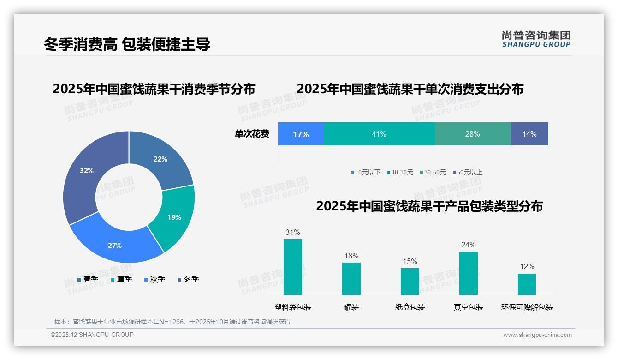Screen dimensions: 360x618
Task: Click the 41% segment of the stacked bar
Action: (379, 134)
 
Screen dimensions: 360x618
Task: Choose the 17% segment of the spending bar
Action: (301, 134)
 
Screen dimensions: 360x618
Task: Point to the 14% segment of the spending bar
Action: (529, 134)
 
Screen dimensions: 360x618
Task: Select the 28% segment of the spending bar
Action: (472, 134)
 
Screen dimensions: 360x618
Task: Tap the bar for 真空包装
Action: (468, 273)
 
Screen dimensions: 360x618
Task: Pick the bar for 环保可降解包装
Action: (527, 284)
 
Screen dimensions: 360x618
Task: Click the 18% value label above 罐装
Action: (351, 256)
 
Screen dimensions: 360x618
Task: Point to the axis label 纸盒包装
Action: (410, 307)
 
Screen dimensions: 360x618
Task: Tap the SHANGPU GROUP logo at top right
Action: (536, 39)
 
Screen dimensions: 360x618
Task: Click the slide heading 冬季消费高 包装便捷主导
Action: (127, 44)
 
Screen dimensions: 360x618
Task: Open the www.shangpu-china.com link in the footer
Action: (537, 335)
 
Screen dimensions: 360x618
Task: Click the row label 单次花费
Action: (252, 134)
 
